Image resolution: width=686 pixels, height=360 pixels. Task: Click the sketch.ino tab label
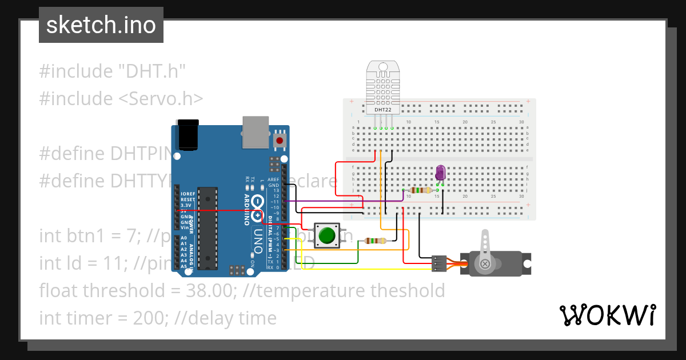(101, 25)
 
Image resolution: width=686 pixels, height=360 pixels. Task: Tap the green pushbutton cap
(327, 235)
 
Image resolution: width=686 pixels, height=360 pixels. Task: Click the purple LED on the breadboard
(440, 172)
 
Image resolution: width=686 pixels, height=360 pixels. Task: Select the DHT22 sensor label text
(384, 109)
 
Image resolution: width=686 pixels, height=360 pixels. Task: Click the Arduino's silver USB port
(255, 131)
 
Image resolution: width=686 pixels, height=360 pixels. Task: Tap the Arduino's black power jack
(188, 135)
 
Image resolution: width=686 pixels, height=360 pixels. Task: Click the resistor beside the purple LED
(421, 190)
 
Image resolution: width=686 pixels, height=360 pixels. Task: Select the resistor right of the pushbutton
(374, 241)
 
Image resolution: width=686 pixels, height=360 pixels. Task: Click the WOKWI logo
(607, 315)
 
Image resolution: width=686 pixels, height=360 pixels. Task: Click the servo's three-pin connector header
(439, 263)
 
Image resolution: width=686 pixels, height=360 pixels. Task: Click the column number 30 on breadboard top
(521, 122)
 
